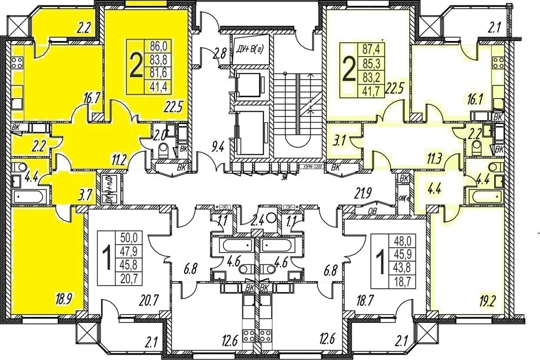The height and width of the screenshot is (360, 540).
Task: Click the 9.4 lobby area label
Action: (218, 145)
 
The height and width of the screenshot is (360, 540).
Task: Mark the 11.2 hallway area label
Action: (121, 158)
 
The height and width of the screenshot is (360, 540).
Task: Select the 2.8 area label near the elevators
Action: (219, 53)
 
